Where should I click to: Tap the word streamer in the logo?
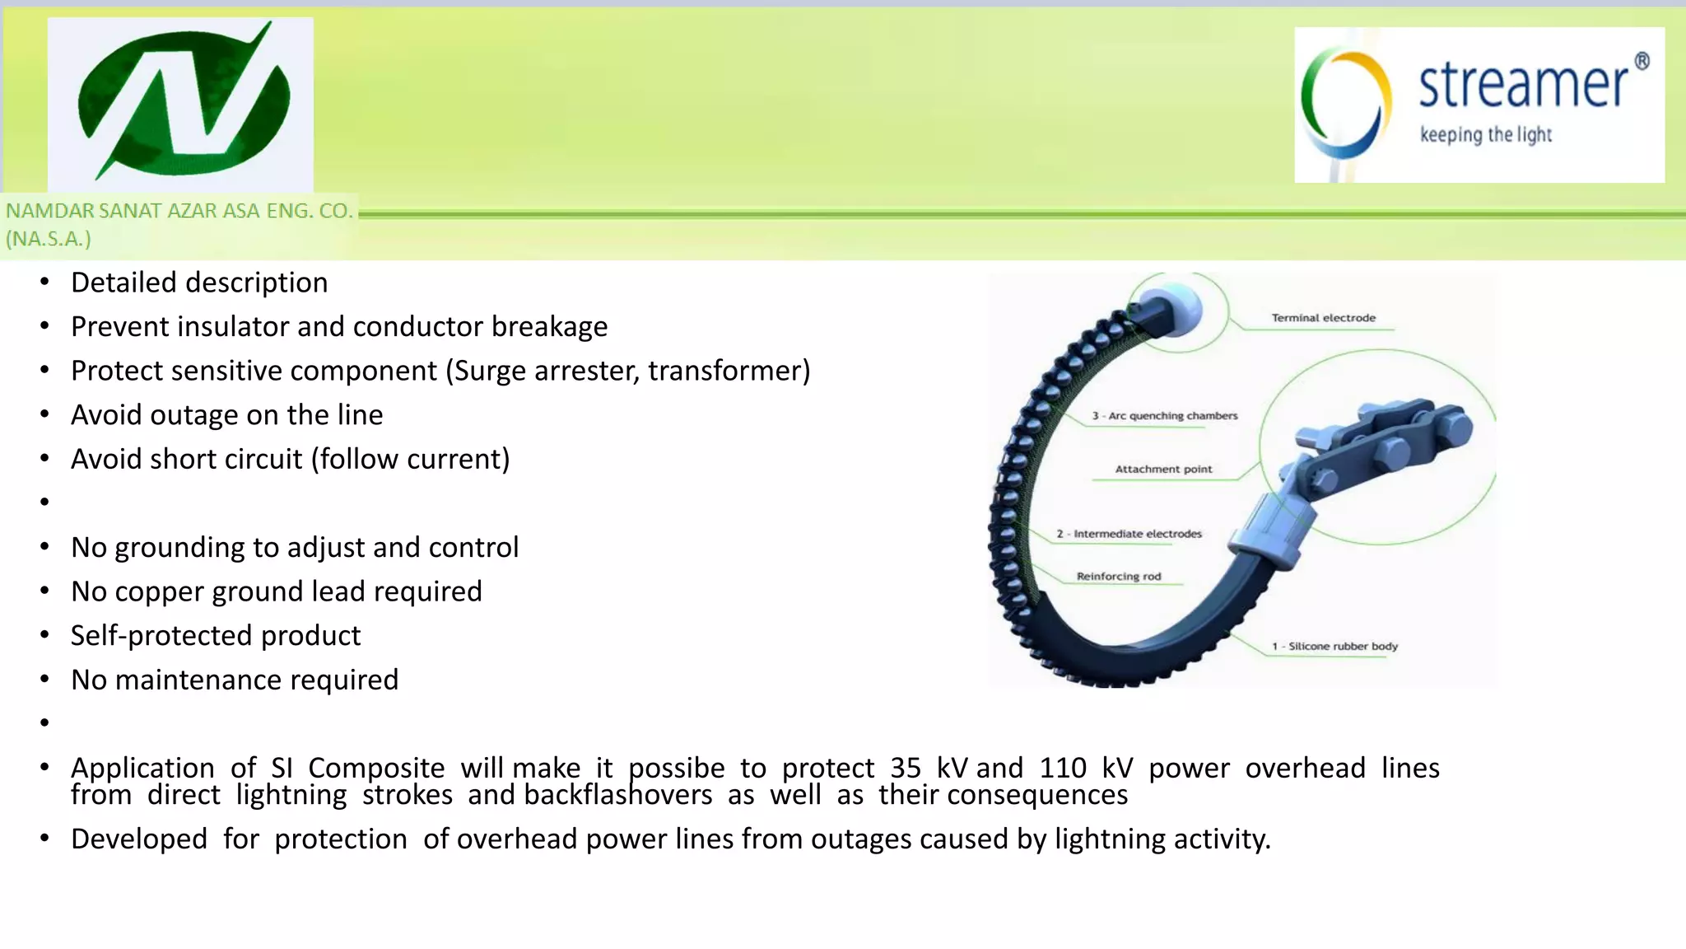1523,85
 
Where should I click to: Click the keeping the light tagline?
1485,134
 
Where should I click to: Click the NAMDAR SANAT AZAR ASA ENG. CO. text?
179,211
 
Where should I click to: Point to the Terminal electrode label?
1323,318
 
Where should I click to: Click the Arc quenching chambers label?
1164,416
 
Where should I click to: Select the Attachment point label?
1163,470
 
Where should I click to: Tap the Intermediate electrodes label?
1129,534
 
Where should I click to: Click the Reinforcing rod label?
1118,577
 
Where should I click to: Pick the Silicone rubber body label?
1334,647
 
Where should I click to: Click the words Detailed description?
199,283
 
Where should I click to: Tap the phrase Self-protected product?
216,636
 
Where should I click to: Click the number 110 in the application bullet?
1063,768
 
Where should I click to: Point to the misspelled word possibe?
677,768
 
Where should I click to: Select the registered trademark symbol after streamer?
1642,61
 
